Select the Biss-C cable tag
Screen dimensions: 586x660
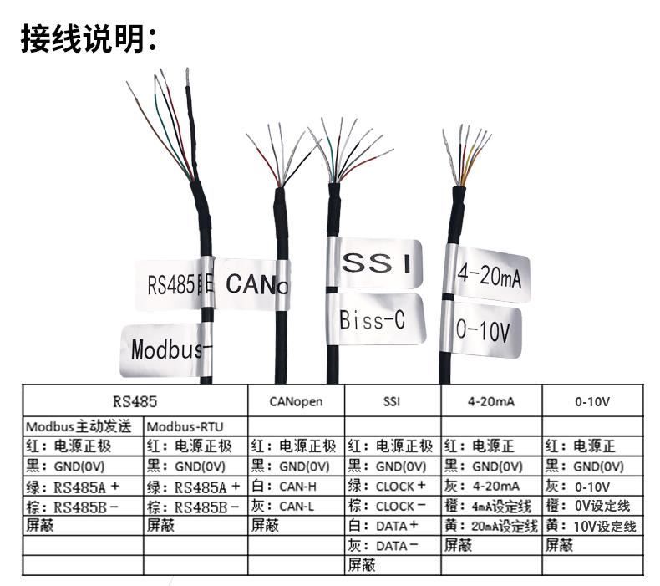point(380,318)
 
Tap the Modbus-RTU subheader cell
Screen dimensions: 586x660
point(195,426)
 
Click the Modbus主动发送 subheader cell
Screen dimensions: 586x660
point(83,426)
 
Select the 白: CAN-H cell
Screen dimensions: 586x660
point(296,486)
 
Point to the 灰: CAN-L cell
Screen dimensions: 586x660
point(296,506)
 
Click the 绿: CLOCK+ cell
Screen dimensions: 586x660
point(392,486)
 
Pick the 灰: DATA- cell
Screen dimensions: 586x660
point(392,546)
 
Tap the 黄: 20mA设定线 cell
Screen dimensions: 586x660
point(491,526)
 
